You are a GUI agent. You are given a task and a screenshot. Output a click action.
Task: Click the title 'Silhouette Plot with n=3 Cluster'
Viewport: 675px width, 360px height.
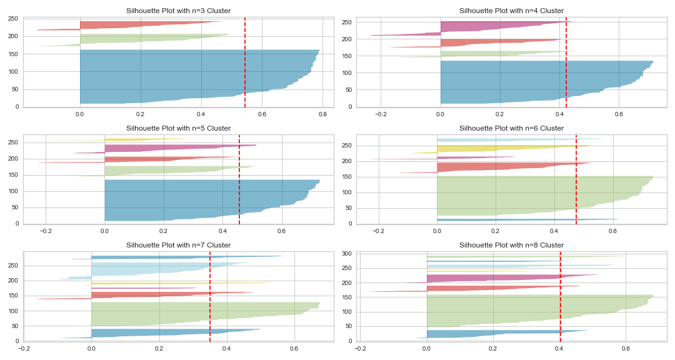(179, 11)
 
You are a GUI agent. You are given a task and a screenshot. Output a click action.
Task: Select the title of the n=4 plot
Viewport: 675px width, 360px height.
(511, 11)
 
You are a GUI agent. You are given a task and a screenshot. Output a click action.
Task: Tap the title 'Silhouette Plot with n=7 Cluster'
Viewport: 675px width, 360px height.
(179, 244)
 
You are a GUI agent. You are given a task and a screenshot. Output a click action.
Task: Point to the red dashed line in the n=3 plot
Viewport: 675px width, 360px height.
(245, 62)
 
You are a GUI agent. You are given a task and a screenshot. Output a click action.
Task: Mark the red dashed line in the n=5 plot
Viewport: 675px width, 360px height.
(239, 181)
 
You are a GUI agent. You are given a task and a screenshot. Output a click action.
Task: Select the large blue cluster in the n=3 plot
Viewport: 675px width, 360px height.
(187, 75)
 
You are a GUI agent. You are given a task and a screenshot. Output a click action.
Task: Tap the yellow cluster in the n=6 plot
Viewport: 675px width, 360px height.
(494, 149)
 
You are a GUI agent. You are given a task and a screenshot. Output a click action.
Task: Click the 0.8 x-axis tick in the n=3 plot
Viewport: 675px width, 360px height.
(322, 114)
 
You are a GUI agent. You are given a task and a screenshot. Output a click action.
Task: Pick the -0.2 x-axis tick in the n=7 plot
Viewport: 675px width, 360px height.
(24, 348)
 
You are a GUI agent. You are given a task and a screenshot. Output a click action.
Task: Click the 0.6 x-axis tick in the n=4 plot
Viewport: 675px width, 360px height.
(619, 114)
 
